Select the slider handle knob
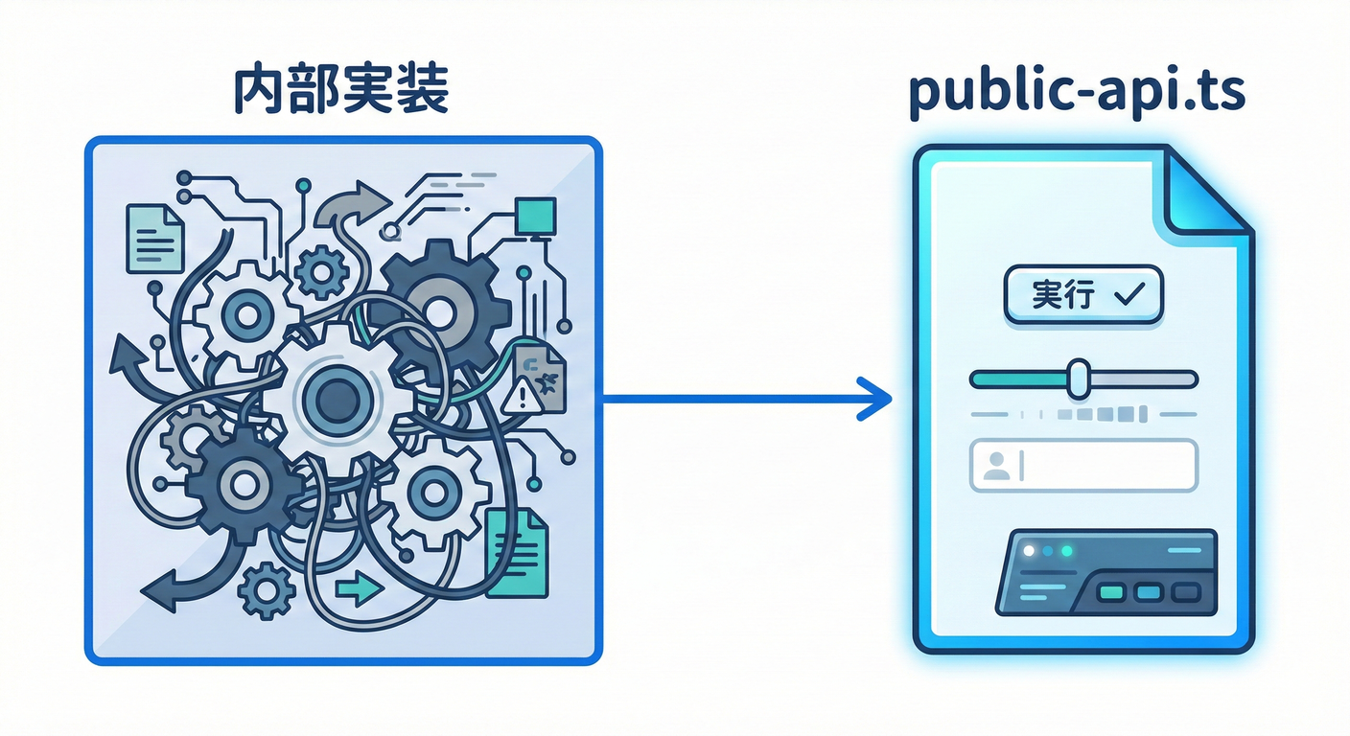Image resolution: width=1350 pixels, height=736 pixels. click(x=1079, y=379)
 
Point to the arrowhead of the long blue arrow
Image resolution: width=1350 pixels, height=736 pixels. click(x=874, y=399)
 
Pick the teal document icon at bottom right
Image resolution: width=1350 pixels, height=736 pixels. click(x=516, y=555)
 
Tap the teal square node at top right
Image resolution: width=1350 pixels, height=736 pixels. click(x=535, y=216)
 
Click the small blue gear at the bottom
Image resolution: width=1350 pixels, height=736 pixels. click(x=266, y=588)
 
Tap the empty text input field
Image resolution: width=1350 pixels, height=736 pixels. click(x=1103, y=465)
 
